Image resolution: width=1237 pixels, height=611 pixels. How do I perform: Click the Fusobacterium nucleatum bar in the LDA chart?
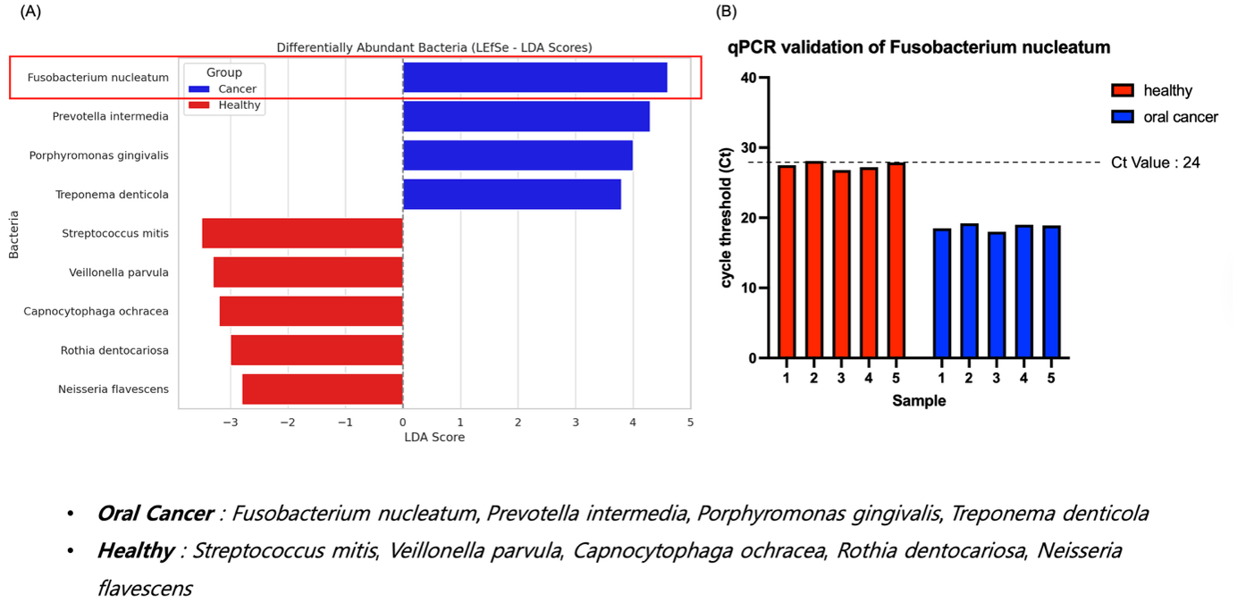(x=534, y=78)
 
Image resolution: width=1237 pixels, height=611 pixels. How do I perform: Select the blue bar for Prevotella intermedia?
(x=526, y=116)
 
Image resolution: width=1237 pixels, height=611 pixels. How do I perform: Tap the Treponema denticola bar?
(x=511, y=194)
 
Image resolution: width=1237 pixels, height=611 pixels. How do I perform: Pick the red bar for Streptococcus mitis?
(x=302, y=233)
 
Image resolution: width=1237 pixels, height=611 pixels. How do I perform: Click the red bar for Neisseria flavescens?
(x=322, y=389)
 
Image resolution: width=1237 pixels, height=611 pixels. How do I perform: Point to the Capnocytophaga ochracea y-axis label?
(x=96, y=312)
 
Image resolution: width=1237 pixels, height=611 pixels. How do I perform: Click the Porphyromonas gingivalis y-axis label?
(x=98, y=155)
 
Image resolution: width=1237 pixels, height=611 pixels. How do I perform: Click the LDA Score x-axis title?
(x=434, y=437)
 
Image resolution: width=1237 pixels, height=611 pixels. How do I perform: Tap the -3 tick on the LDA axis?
(x=231, y=422)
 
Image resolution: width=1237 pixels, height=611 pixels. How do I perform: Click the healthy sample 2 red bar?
(x=814, y=260)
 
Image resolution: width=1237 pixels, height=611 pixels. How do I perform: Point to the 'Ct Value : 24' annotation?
(x=1155, y=163)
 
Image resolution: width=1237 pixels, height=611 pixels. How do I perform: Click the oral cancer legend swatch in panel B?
(x=1123, y=117)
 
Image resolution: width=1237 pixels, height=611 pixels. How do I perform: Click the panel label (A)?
(x=31, y=12)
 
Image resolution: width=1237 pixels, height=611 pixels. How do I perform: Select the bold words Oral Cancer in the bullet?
(x=155, y=515)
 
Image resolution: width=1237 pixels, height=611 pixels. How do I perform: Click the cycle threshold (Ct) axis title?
(x=728, y=218)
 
